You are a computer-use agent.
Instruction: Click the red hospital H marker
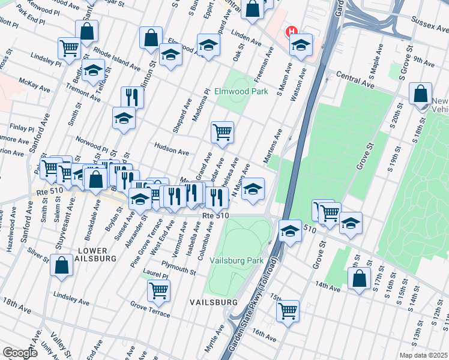(x=292, y=31)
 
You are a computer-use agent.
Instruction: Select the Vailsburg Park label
(x=237, y=261)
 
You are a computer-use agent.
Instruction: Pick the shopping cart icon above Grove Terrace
(x=159, y=291)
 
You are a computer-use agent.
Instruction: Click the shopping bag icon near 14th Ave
(x=359, y=279)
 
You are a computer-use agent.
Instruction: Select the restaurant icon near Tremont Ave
(x=132, y=97)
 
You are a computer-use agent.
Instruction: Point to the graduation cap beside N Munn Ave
(x=253, y=189)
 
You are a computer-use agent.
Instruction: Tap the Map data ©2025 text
(x=423, y=355)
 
